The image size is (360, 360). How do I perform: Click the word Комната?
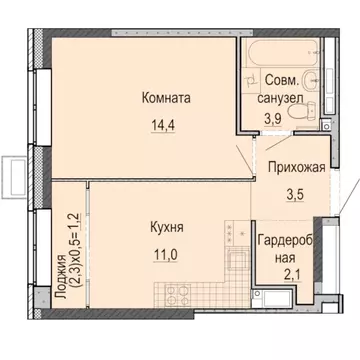tap(165, 98)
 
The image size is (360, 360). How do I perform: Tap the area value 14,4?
tap(165, 127)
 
